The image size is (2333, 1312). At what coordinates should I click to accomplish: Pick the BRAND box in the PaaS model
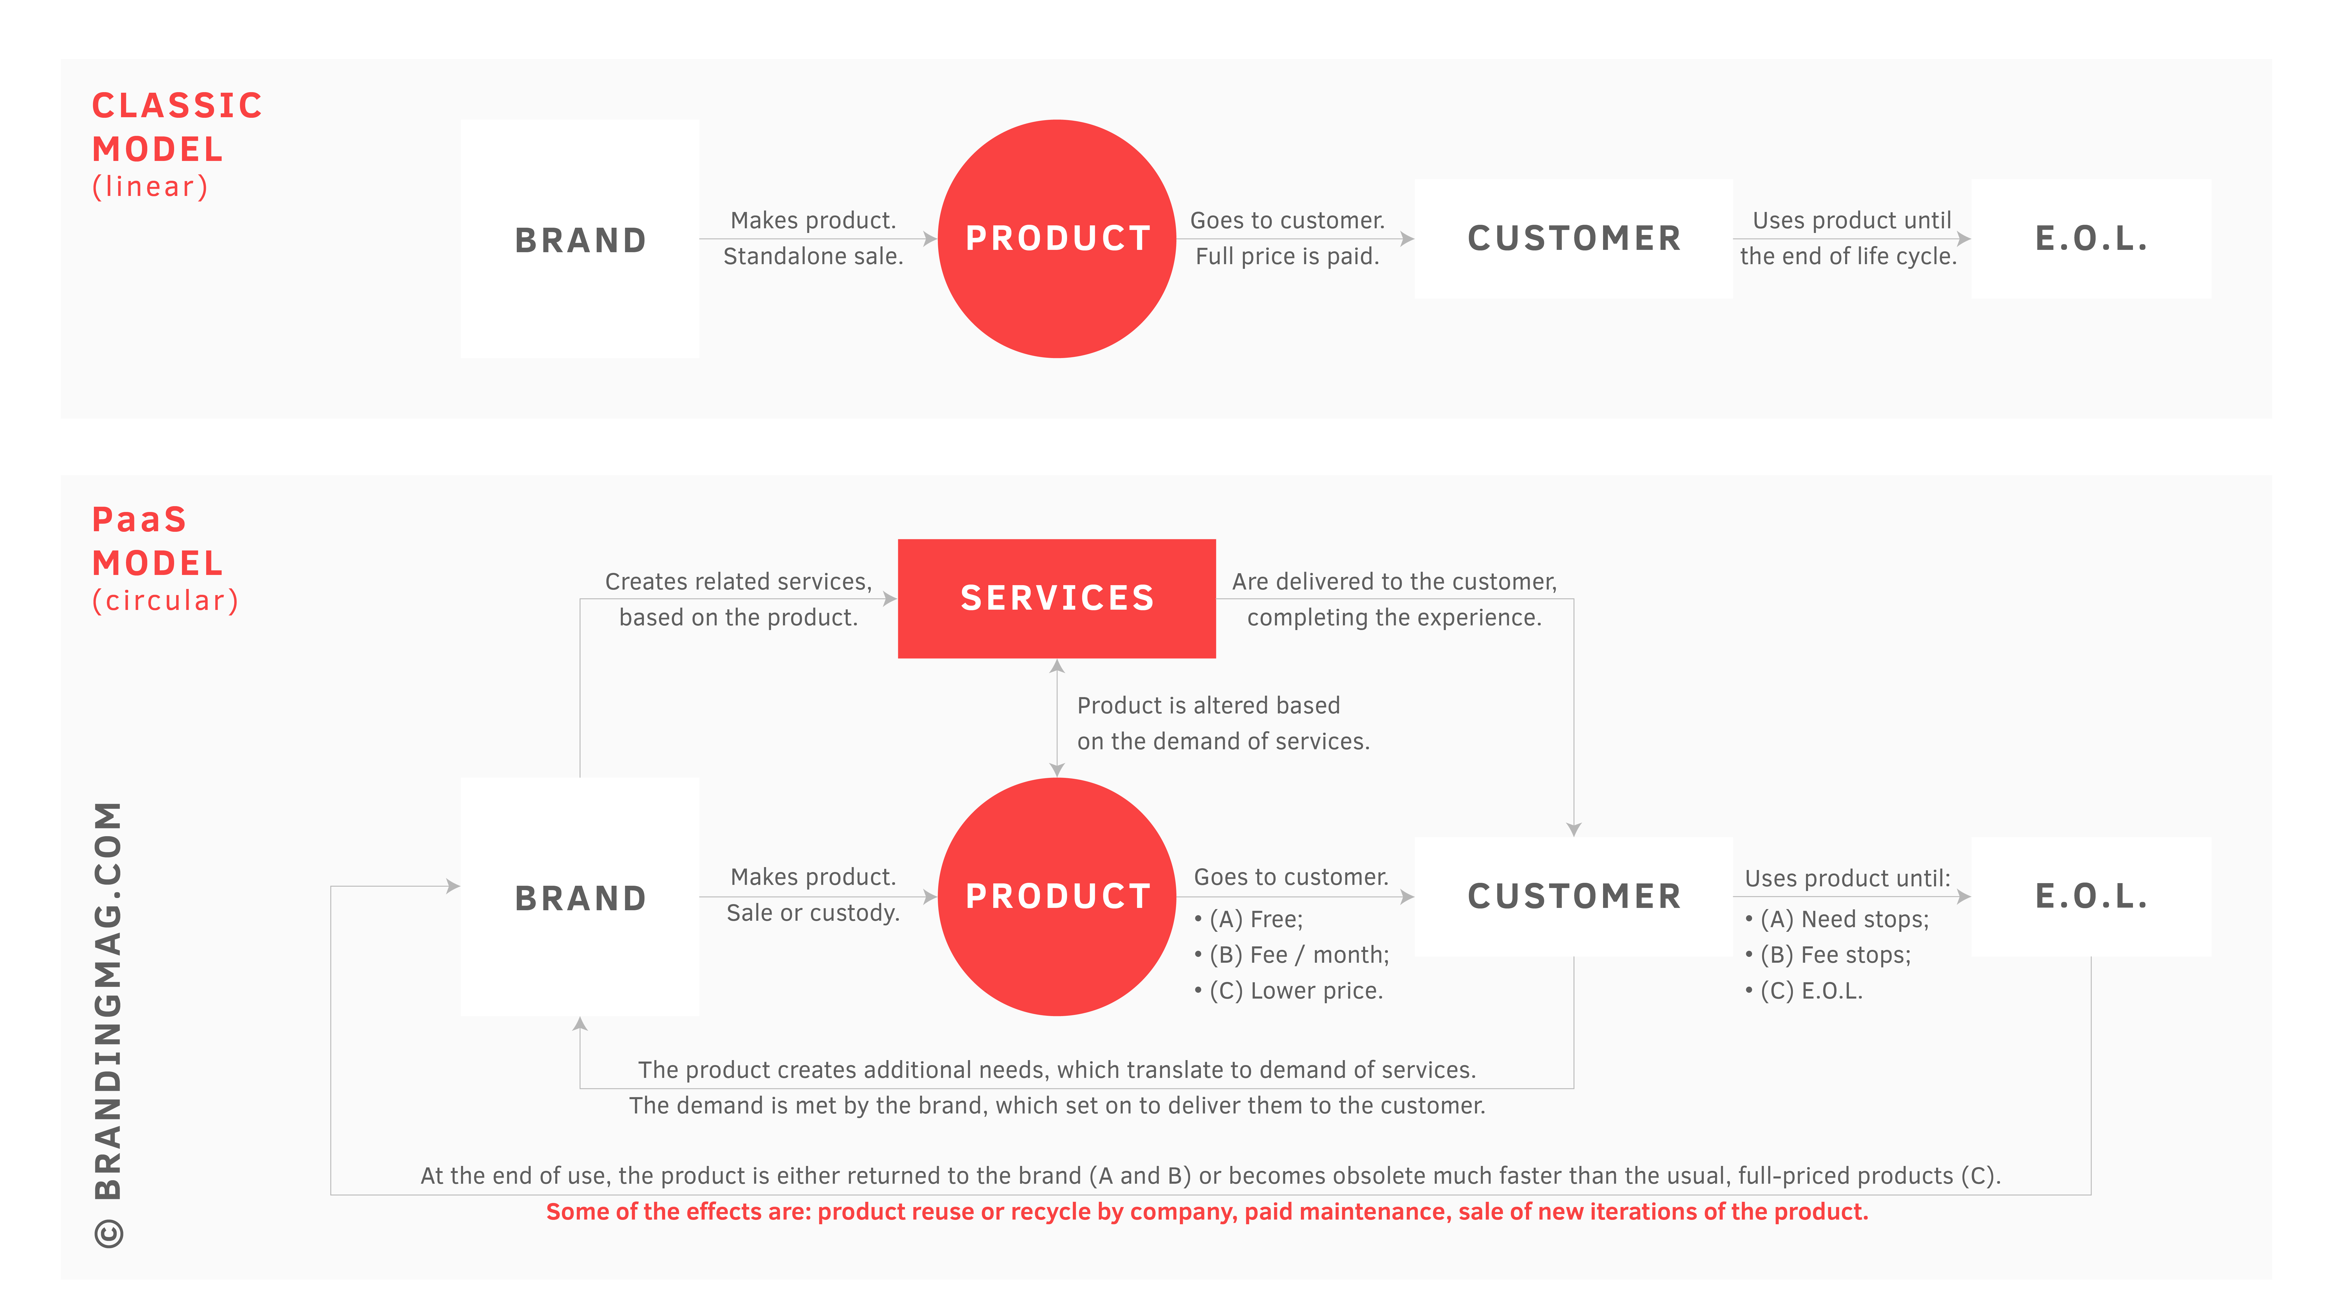tap(580, 897)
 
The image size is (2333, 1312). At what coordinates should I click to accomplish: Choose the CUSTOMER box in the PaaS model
tap(1573, 897)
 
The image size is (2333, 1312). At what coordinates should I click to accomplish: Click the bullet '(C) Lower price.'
tap(1288, 991)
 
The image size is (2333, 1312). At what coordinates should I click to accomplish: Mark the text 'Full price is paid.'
tap(1287, 256)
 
